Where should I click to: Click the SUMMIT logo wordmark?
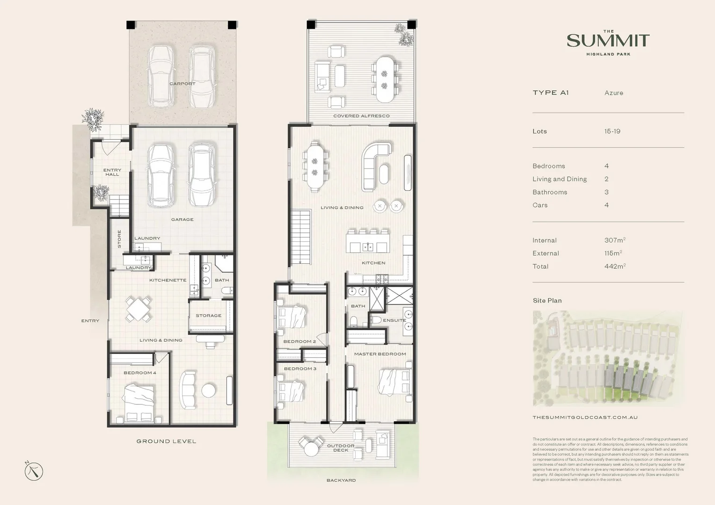click(608, 41)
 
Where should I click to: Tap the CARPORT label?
click(182, 84)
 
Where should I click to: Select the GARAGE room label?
click(182, 219)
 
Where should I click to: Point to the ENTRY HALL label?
click(112, 172)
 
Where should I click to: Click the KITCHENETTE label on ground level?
click(168, 280)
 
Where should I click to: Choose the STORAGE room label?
click(208, 316)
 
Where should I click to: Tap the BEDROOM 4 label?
click(139, 373)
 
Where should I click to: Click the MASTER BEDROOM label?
click(379, 354)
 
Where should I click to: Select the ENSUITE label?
click(394, 320)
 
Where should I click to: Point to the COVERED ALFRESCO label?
click(361, 116)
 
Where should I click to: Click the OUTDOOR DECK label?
click(340, 448)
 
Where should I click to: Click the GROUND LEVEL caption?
click(166, 441)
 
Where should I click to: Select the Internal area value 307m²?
click(614, 240)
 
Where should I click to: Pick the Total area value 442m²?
click(614, 267)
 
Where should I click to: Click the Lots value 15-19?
click(612, 131)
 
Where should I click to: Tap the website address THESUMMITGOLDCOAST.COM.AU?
click(585, 417)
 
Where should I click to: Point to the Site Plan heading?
click(547, 301)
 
